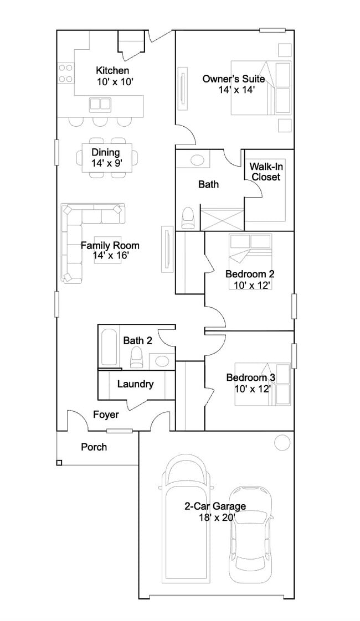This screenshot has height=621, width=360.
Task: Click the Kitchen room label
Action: (x=112, y=70)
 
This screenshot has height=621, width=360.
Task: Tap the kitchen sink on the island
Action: (x=100, y=103)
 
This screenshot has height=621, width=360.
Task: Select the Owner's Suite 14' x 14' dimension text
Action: (x=236, y=90)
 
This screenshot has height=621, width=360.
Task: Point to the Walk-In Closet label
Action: (x=266, y=172)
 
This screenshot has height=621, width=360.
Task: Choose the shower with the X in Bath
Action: (x=222, y=218)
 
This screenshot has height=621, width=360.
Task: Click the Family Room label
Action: (x=110, y=245)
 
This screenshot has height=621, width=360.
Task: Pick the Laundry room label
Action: (x=135, y=384)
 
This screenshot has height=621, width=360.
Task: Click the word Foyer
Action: (x=106, y=415)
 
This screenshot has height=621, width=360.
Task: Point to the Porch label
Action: (x=94, y=447)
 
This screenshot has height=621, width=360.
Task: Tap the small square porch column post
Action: (x=59, y=463)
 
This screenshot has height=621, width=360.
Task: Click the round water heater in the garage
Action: (x=282, y=441)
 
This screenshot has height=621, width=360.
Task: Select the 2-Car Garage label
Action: (x=215, y=506)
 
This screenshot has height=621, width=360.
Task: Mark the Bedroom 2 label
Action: (x=250, y=274)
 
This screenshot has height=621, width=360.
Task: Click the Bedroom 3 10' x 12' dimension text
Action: (x=253, y=389)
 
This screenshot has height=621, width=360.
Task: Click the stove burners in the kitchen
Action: (x=66, y=73)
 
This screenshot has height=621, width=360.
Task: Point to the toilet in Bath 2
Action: (x=137, y=356)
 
